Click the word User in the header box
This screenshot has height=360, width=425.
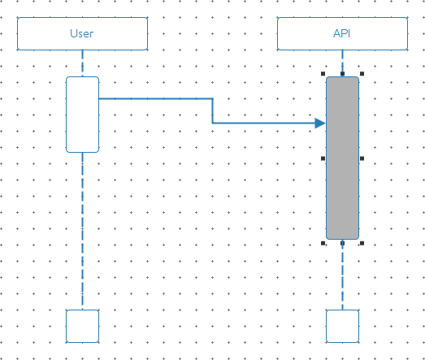(x=82, y=33)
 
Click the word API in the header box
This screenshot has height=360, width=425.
(x=342, y=33)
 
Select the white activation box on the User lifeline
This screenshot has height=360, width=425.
(x=82, y=115)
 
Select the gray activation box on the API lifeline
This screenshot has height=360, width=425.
(x=343, y=158)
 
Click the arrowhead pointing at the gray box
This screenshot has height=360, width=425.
(x=320, y=123)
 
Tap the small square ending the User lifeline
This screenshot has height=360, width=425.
(x=82, y=326)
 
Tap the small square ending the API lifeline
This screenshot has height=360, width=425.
(x=343, y=326)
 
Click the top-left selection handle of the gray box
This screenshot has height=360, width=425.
(x=323, y=73)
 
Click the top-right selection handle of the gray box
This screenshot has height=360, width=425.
(x=362, y=73)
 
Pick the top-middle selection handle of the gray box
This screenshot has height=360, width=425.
(x=343, y=73)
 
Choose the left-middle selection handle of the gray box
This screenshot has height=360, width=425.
(x=323, y=158)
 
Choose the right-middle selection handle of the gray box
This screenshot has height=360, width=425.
(x=362, y=158)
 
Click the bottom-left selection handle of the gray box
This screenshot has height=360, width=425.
(x=323, y=243)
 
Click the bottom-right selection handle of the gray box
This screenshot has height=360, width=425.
(x=362, y=243)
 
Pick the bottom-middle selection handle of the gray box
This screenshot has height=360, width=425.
(x=343, y=243)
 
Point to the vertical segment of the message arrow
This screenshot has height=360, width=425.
(x=213, y=111)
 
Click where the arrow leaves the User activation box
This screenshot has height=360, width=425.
(x=99, y=98)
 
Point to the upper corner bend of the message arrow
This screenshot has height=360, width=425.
(x=213, y=98)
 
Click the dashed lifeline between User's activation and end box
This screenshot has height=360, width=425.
(x=82, y=231)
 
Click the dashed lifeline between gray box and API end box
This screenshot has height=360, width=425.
(x=343, y=275)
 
